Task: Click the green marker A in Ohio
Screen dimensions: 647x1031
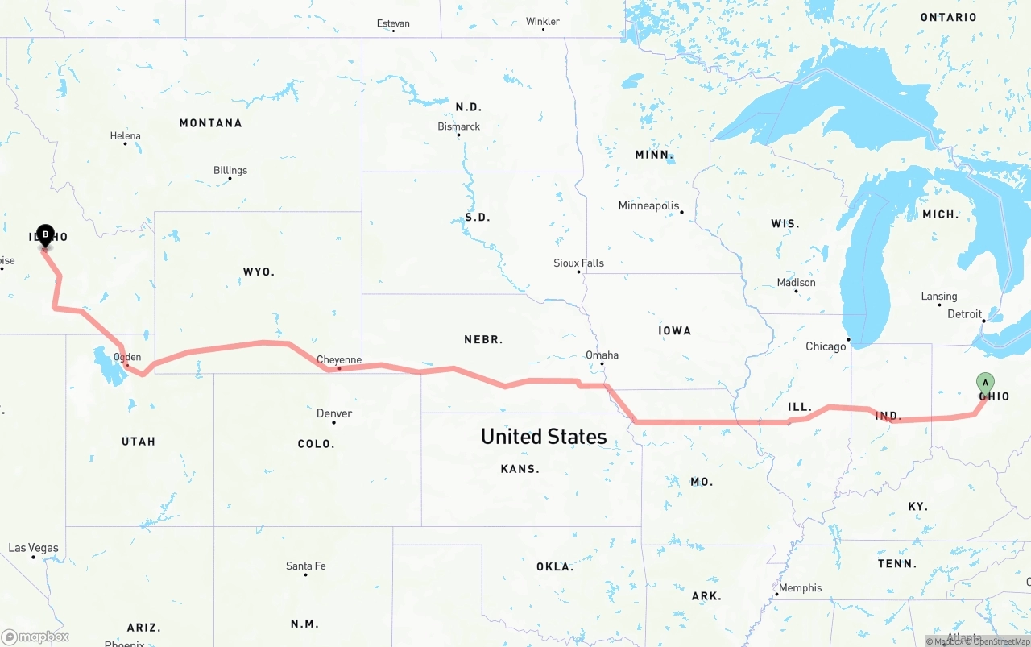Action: pos(984,383)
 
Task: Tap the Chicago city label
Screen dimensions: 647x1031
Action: pos(826,346)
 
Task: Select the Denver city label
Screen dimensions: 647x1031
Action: pos(333,413)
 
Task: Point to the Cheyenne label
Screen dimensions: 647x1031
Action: pos(338,360)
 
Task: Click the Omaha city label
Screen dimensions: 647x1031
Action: pos(602,355)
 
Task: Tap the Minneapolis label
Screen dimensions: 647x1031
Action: pos(648,206)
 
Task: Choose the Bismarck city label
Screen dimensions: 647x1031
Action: pos(458,126)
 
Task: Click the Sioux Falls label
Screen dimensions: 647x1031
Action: pos(578,263)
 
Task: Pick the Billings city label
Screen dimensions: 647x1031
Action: pos(230,170)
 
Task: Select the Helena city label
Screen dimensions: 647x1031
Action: pos(125,136)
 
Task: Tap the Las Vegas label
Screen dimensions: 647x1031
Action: pos(33,548)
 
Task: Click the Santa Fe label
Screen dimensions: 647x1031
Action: pos(305,566)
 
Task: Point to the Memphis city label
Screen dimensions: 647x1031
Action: pos(800,588)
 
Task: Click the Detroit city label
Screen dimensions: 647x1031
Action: pos(964,314)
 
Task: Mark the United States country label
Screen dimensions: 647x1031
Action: pos(544,437)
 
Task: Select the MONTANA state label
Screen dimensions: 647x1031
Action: pos(210,123)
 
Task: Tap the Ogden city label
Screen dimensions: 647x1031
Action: pos(127,357)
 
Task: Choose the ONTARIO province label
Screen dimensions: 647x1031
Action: pos(948,17)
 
